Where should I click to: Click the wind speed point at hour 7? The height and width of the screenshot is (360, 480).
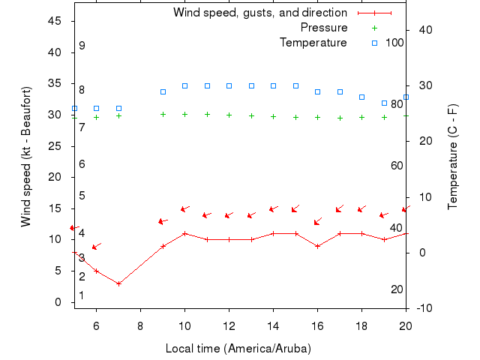[118, 283]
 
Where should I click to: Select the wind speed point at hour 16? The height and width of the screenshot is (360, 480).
[318, 246]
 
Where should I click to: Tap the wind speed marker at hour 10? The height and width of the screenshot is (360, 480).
[185, 233]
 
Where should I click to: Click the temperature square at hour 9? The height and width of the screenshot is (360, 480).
[163, 91]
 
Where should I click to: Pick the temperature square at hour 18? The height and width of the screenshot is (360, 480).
[362, 97]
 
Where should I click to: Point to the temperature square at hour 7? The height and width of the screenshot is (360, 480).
[118, 108]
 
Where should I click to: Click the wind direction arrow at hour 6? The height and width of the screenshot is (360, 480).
[96, 246]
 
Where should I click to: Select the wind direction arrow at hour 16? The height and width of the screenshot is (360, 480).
[318, 221]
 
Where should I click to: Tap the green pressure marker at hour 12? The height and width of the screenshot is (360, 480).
[229, 115]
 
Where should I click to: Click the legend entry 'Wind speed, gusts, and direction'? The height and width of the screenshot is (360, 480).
[259, 13]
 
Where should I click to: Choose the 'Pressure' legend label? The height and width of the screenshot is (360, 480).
[323, 28]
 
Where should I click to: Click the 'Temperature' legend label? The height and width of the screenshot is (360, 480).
[313, 43]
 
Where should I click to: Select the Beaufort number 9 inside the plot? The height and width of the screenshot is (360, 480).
[82, 46]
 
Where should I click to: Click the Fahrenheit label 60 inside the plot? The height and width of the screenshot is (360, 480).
[397, 166]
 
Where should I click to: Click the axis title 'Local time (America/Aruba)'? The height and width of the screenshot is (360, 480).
[238, 349]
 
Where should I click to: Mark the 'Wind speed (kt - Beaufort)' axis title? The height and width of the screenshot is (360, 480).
[26, 156]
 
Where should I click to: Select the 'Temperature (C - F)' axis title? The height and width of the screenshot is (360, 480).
[452, 156]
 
